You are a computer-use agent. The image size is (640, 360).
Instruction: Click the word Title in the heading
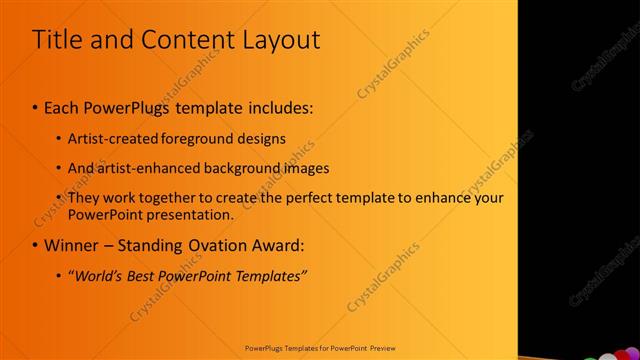click(56, 40)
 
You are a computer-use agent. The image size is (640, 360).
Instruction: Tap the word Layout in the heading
click(276, 40)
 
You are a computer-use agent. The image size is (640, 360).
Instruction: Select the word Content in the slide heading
click(179, 40)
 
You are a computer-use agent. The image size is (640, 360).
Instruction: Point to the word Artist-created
click(114, 138)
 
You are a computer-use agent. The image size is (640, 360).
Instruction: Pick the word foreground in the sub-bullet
click(204, 138)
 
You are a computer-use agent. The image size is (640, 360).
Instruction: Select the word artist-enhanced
click(146, 168)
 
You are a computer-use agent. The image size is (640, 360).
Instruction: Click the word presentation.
click(189, 214)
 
